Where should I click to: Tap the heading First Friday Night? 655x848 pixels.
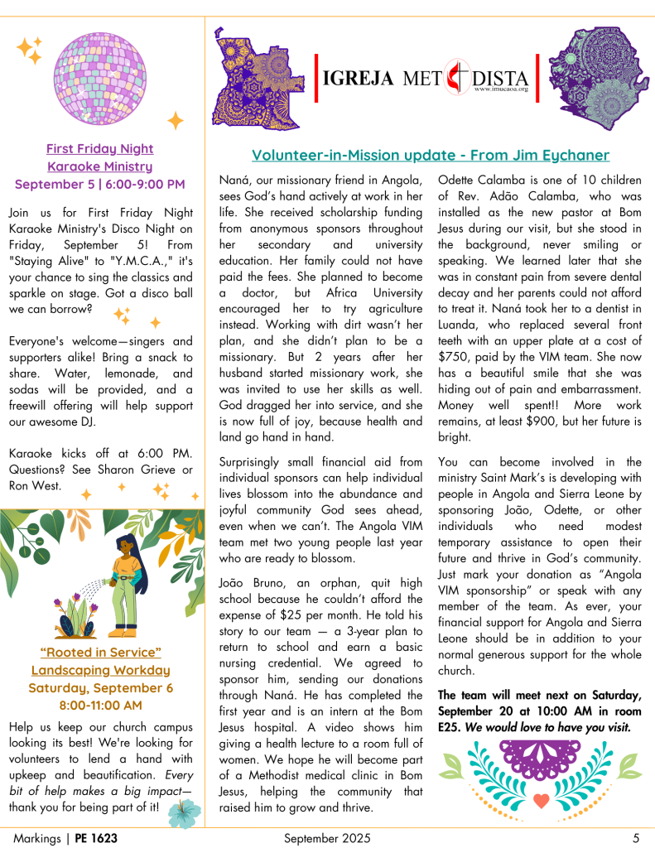tap(99, 149)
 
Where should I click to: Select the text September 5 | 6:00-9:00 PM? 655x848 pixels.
tap(99, 184)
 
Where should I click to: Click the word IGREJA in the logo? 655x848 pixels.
tap(358, 79)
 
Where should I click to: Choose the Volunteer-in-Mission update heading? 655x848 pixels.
tap(431, 155)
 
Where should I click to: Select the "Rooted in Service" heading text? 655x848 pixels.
tap(99, 653)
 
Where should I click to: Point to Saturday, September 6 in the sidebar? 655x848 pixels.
tap(99, 687)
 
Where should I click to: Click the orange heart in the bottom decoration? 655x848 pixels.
tap(541, 802)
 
